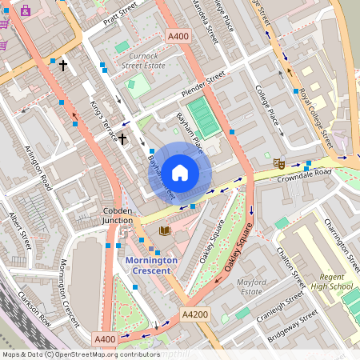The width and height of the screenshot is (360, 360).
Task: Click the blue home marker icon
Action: coord(180,172)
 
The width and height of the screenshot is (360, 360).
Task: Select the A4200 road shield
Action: coord(194,314)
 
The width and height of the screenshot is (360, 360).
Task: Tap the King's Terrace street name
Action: coord(104,118)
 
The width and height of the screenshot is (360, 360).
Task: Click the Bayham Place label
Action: coord(190,133)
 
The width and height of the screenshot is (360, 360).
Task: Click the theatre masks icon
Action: coord(279,162)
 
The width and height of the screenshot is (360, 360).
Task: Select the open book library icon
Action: coord(165,230)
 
